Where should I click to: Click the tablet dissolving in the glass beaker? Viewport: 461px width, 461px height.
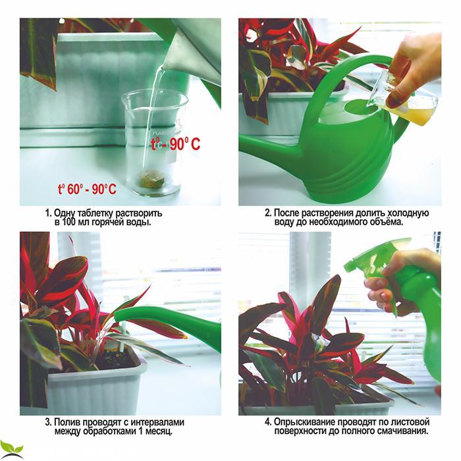(x=152, y=178)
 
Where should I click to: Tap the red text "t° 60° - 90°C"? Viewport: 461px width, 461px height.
(x=87, y=189)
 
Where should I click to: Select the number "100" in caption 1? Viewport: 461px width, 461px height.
(x=68, y=222)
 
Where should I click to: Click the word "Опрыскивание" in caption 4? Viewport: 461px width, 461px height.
(x=304, y=423)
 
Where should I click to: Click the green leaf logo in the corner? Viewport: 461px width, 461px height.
(x=11, y=450)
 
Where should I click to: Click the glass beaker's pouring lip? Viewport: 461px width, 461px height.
(x=124, y=99)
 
